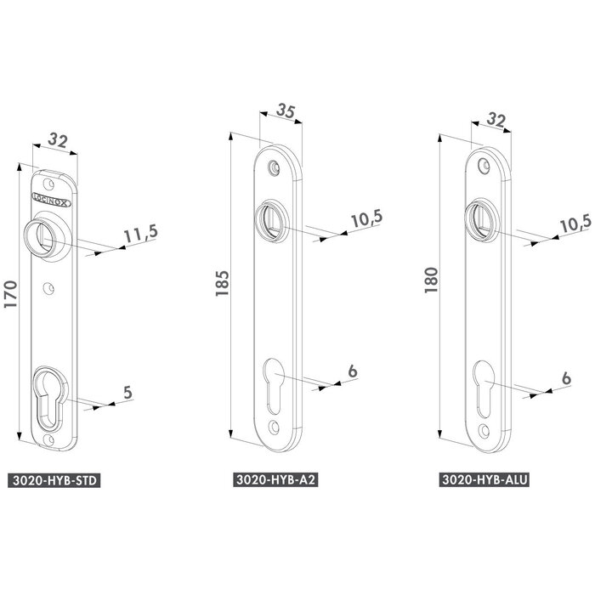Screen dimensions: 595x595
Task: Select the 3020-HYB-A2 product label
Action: pos(276,480)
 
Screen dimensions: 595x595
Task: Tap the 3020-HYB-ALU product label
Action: pos(485,480)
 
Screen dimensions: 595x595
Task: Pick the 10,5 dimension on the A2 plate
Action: pos(365,218)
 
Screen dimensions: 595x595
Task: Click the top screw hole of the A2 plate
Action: pos(273,167)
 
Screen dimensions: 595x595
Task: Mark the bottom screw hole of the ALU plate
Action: pos(483,429)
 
